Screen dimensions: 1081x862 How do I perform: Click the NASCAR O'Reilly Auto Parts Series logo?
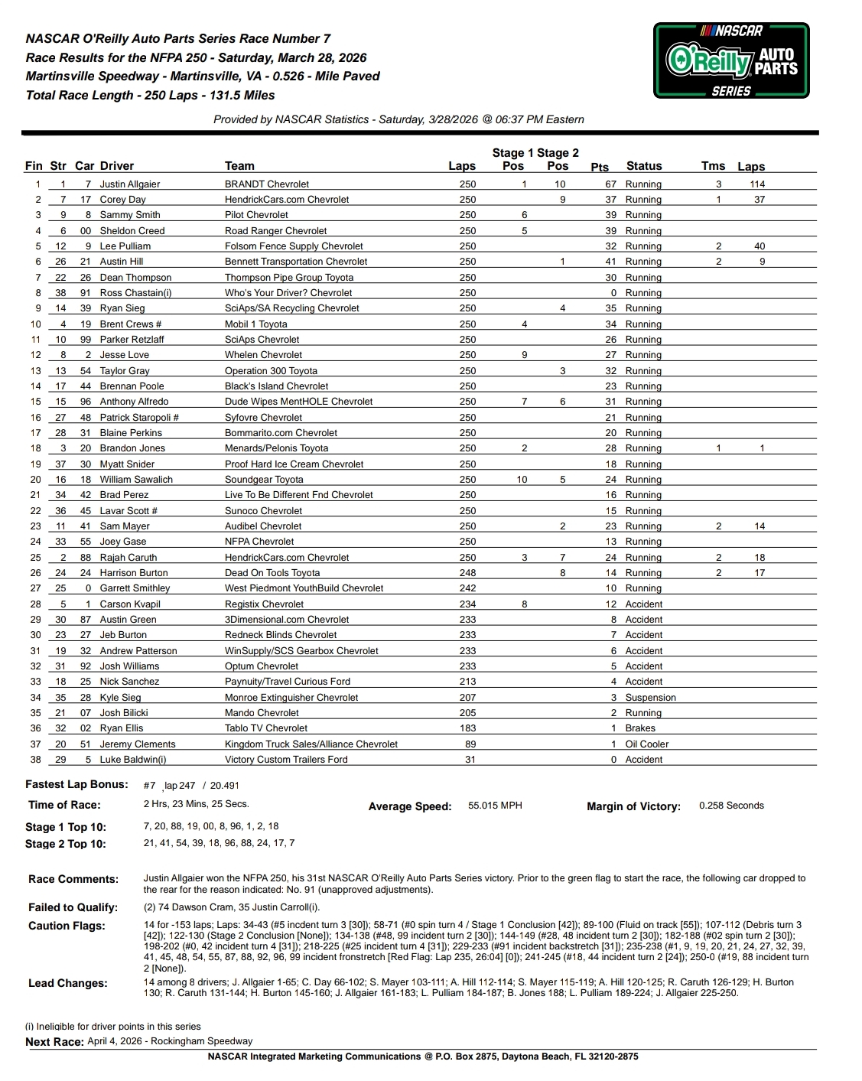[x=731, y=60]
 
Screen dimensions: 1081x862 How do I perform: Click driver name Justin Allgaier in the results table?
[x=130, y=184]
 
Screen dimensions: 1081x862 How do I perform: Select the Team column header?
[x=239, y=166]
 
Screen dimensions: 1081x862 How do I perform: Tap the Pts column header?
[x=600, y=167]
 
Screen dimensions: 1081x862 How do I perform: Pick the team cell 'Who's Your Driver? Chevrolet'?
[x=288, y=293]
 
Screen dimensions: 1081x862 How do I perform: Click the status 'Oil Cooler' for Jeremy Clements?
[x=646, y=744]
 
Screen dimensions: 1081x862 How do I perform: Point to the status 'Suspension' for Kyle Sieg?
[x=650, y=698]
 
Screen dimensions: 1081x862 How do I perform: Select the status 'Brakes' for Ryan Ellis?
[x=640, y=728]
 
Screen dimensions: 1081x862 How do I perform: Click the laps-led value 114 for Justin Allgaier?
[x=757, y=184]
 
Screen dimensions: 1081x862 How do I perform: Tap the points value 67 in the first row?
[x=610, y=184]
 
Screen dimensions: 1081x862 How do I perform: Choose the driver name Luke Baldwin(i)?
[x=133, y=760]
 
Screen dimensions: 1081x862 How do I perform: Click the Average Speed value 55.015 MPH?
[x=495, y=806]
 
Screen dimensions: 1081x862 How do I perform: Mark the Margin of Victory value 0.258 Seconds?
[x=731, y=806]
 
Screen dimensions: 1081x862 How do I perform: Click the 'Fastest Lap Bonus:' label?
[x=76, y=785]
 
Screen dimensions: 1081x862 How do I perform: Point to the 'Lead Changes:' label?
[x=67, y=984]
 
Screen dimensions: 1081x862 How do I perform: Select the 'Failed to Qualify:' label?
[x=73, y=907]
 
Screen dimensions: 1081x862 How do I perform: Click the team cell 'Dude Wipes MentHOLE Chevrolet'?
[x=298, y=402]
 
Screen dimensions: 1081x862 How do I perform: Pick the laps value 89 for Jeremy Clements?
[x=470, y=744]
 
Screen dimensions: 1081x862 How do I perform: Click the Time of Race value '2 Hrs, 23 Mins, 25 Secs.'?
[x=196, y=804]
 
